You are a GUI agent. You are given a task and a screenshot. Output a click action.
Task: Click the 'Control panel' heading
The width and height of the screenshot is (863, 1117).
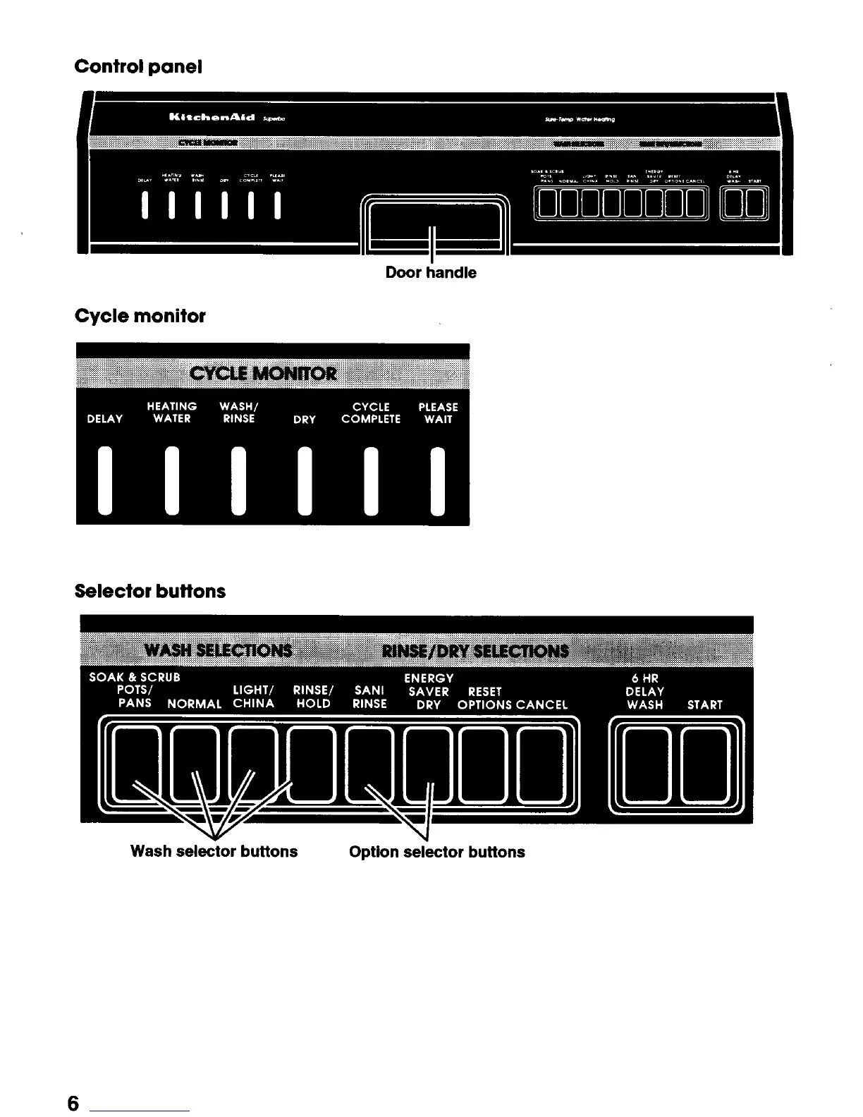click(x=138, y=67)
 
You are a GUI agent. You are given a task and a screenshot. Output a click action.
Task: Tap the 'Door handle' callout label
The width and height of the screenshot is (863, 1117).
click(x=430, y=273)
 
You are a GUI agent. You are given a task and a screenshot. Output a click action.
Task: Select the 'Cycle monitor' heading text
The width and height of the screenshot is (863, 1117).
click(x=140, y=316)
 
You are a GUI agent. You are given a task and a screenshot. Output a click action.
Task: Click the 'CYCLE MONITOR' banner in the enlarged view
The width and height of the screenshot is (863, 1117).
click(x=264, y=373)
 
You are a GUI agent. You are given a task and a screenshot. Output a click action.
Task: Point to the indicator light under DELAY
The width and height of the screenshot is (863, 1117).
click(x=105, y=480)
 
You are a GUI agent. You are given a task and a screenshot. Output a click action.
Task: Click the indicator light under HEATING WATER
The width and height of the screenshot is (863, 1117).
click(x=172, y=480)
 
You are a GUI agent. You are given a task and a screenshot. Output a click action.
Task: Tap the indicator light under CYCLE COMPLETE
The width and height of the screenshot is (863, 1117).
click(x=371, y=480)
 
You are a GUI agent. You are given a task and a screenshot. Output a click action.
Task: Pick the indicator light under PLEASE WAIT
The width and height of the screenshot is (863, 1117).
click(x=438, y=480)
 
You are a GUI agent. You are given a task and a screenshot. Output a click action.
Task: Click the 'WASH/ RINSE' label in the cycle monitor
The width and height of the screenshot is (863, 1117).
click(x=239, y=413)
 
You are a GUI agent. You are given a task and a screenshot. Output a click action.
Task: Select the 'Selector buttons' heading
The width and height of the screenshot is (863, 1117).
click(x=149, y=591)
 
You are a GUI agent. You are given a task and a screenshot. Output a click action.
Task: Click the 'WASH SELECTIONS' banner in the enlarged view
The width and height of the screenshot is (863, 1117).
click(x=218, y=649)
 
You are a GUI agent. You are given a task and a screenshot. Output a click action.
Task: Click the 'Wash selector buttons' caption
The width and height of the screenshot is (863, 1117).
click(x=214, y=851)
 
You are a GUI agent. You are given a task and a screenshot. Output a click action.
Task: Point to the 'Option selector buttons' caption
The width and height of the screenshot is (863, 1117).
click(x=436, y=852)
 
